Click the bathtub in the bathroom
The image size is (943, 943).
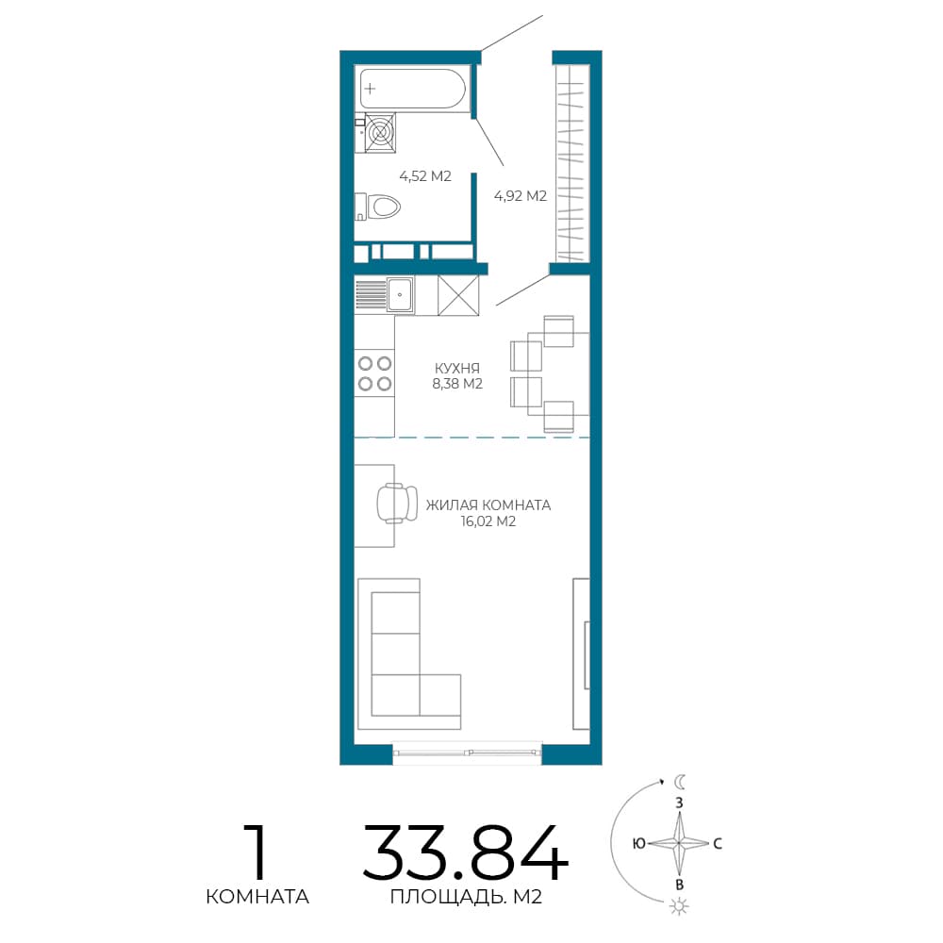[413, 89]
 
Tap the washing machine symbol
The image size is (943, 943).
[380, 132]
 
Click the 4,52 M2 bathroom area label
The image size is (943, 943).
[425, 176]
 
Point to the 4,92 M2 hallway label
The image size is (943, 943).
[521, 195]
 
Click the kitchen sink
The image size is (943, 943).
[399, 294]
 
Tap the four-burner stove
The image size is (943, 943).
[374, 373]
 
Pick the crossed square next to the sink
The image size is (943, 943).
[458, 294]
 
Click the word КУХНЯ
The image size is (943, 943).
[457, 368]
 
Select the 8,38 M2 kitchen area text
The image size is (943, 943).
[457, 384]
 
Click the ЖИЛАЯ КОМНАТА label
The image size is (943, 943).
[488, 505]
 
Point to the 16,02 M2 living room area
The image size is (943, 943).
[488, 521]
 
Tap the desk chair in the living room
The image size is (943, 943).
[397, 503]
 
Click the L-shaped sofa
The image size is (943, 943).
[409, 654]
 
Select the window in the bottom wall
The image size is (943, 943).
[468, 752]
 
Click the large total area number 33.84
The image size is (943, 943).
[465, 852]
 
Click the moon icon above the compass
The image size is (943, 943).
[680, 781]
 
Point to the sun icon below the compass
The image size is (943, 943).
[679, 906]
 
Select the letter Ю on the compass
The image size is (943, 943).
[639, 844]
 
